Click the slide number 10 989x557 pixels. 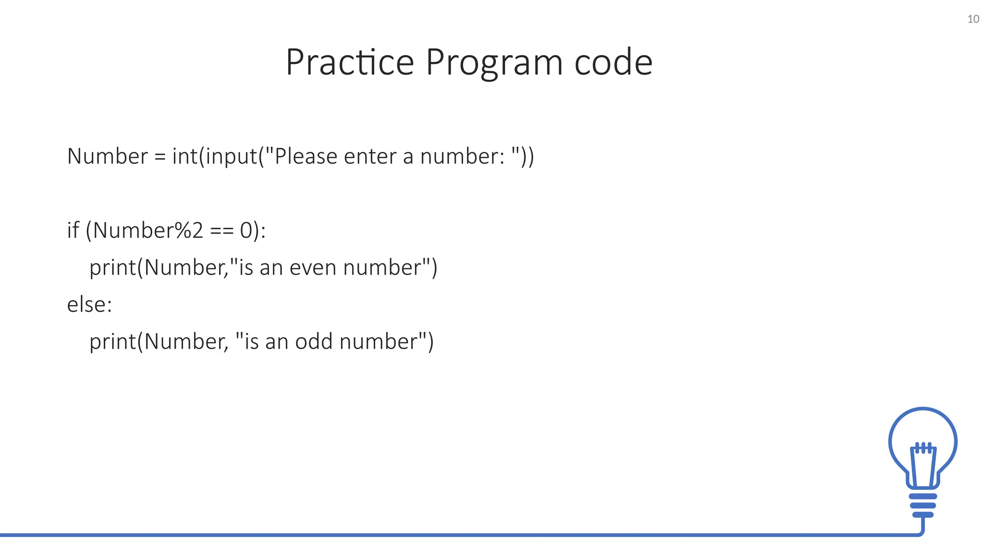[x=973, y=19]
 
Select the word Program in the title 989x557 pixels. [x=494, y=63]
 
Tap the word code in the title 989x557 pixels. [x=613, y=62]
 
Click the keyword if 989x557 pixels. [x=73, y=230]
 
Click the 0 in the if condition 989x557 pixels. [x=246, y=231]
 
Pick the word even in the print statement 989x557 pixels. [x=312, y=267]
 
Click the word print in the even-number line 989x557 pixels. [x=113, y=268]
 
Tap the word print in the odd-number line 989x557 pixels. [x=113, y=342]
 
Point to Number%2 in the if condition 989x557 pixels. [x=148, y=230]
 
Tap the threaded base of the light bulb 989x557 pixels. [x=923, y=505]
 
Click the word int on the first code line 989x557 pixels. [x=185, y=156]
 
